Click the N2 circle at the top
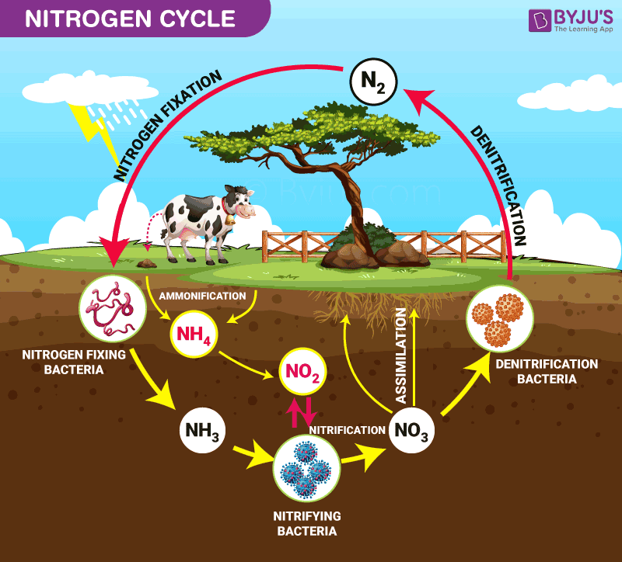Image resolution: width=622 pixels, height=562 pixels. (x=373, y=80)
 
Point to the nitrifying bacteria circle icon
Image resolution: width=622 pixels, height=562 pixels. (x=305, y=468)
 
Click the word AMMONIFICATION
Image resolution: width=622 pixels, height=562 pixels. (x=202, y=296)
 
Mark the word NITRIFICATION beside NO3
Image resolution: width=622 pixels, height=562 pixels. (x=348, y=429)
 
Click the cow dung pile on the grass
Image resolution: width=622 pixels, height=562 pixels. (x=146, y=263)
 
